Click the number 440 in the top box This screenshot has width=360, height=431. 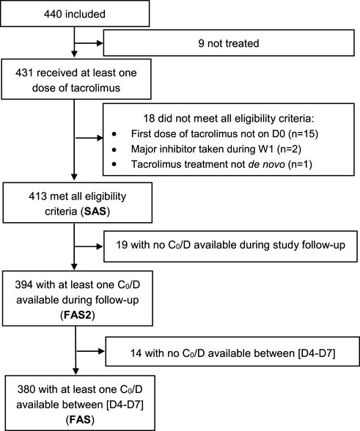[53, 14]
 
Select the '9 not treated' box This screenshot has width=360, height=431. [229, 43]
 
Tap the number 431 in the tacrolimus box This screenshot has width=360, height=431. [24, 73]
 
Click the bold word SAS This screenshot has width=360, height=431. [95, 211]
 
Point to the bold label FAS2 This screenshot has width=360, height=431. [78, 315]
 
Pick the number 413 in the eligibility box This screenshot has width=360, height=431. [37, 196]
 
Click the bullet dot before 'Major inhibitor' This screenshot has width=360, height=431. [114, 150]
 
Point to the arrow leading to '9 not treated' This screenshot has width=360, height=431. [89, 43]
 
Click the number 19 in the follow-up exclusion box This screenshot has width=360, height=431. [122, 245]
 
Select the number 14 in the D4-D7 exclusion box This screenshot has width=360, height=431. [136, 353]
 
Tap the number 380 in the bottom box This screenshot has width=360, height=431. [26, 389]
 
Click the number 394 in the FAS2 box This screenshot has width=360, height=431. [24, 285]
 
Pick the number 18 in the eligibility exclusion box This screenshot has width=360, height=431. [149, 119]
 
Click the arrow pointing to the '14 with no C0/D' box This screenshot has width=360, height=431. [91, 351]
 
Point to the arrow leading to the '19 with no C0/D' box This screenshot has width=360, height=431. [89, 246]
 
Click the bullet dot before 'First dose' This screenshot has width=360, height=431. [114, 134]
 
